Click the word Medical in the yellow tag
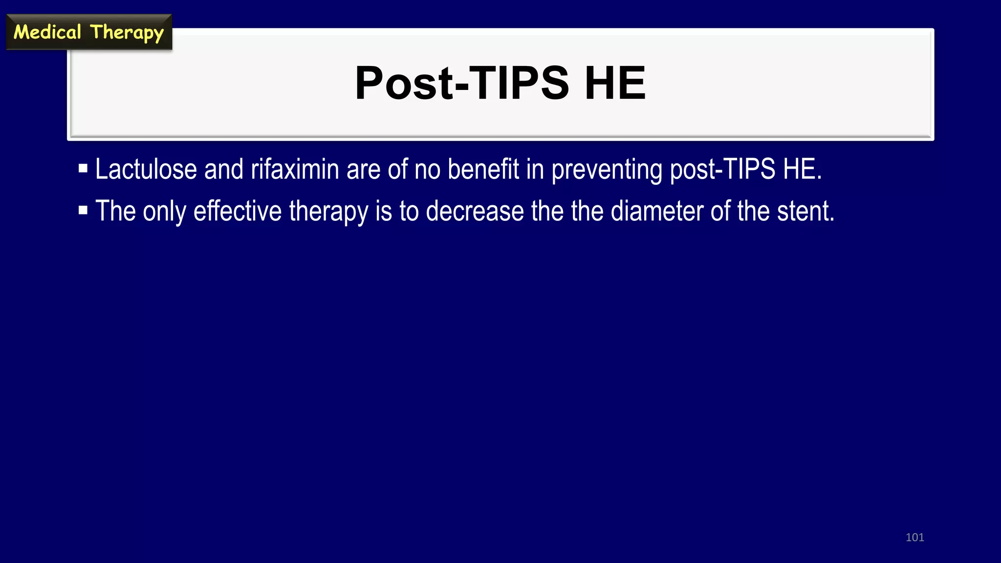[x=47, y=32]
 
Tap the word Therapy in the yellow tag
[x=127, y=33]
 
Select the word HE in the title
[x=615, y=83]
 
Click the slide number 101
[x=914, y=538]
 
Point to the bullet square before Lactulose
[x=83, y=169]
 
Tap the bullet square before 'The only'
[x=83, y=211]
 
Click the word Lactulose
[x=146, y=169]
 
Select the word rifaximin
[x=295, y=169]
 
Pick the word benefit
[x=483, y=169]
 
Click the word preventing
[x=607, y=170]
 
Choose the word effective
[x=237, y=211]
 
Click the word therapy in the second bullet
[x=328, y=212]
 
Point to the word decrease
[x=475, y=211]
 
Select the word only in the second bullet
[x=164, y=212]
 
